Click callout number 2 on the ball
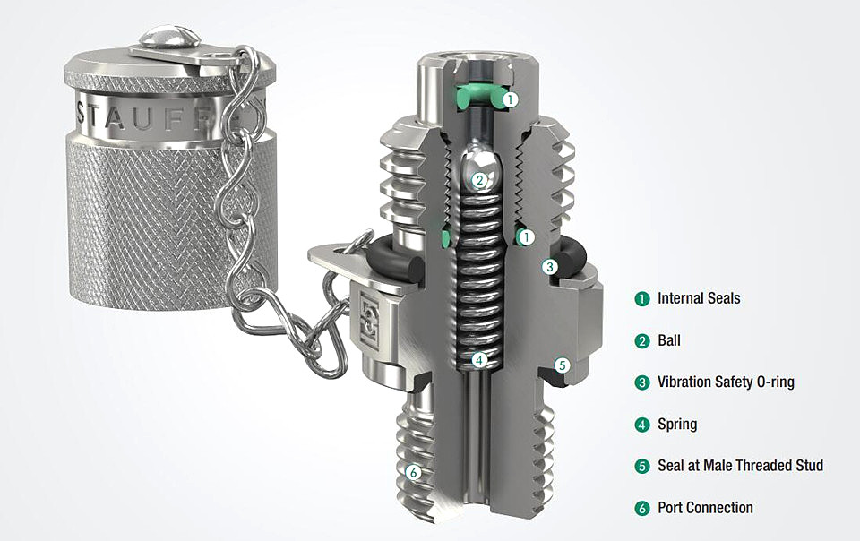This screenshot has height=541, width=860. click(x=479, y=180)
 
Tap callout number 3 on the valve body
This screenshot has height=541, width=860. click(x=549, y=267)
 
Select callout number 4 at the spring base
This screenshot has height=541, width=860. click(x=479, y=360)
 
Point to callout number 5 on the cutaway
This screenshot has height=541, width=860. click(x=561, y=365)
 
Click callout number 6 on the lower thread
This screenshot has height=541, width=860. click(x=413, y=472)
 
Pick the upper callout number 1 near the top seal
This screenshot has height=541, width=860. click(x=510, y=99)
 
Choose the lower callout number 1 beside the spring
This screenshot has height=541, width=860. click(x=526, y=237)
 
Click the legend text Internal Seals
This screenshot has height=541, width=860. click(x=699, y=298)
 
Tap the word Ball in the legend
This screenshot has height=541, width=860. click(x=669, y=340)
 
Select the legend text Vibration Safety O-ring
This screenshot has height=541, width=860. click(x=726, y=382)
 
